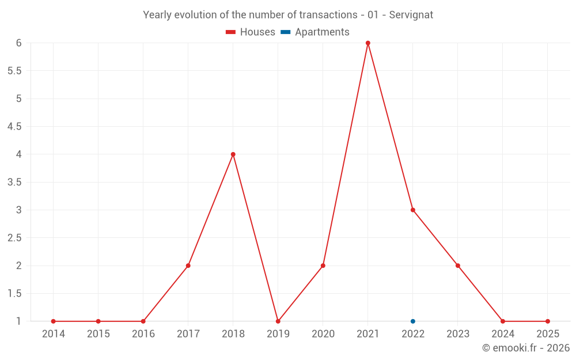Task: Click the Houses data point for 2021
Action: coord(367,43)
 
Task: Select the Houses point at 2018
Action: coord(233,154)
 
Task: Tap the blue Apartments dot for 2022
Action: coord(412,321)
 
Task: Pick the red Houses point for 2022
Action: coord(412,210)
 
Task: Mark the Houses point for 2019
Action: coord(278,321)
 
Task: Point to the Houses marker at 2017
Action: coord(188,266)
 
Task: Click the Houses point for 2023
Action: coord(457,266)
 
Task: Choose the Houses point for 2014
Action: coord(53,321)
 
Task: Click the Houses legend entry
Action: coord(251,32)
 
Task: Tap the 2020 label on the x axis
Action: coord(323,334)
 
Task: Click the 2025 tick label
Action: coord(547,334)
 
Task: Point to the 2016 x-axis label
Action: coord(143,334)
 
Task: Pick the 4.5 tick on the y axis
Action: coord(14,127)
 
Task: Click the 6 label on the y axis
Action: coord(19,43)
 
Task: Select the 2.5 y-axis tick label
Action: coord(14,238)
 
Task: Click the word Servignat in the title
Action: coord(411,15)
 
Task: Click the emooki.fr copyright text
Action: coord(525,348)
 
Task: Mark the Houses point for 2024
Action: coord(502,321)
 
